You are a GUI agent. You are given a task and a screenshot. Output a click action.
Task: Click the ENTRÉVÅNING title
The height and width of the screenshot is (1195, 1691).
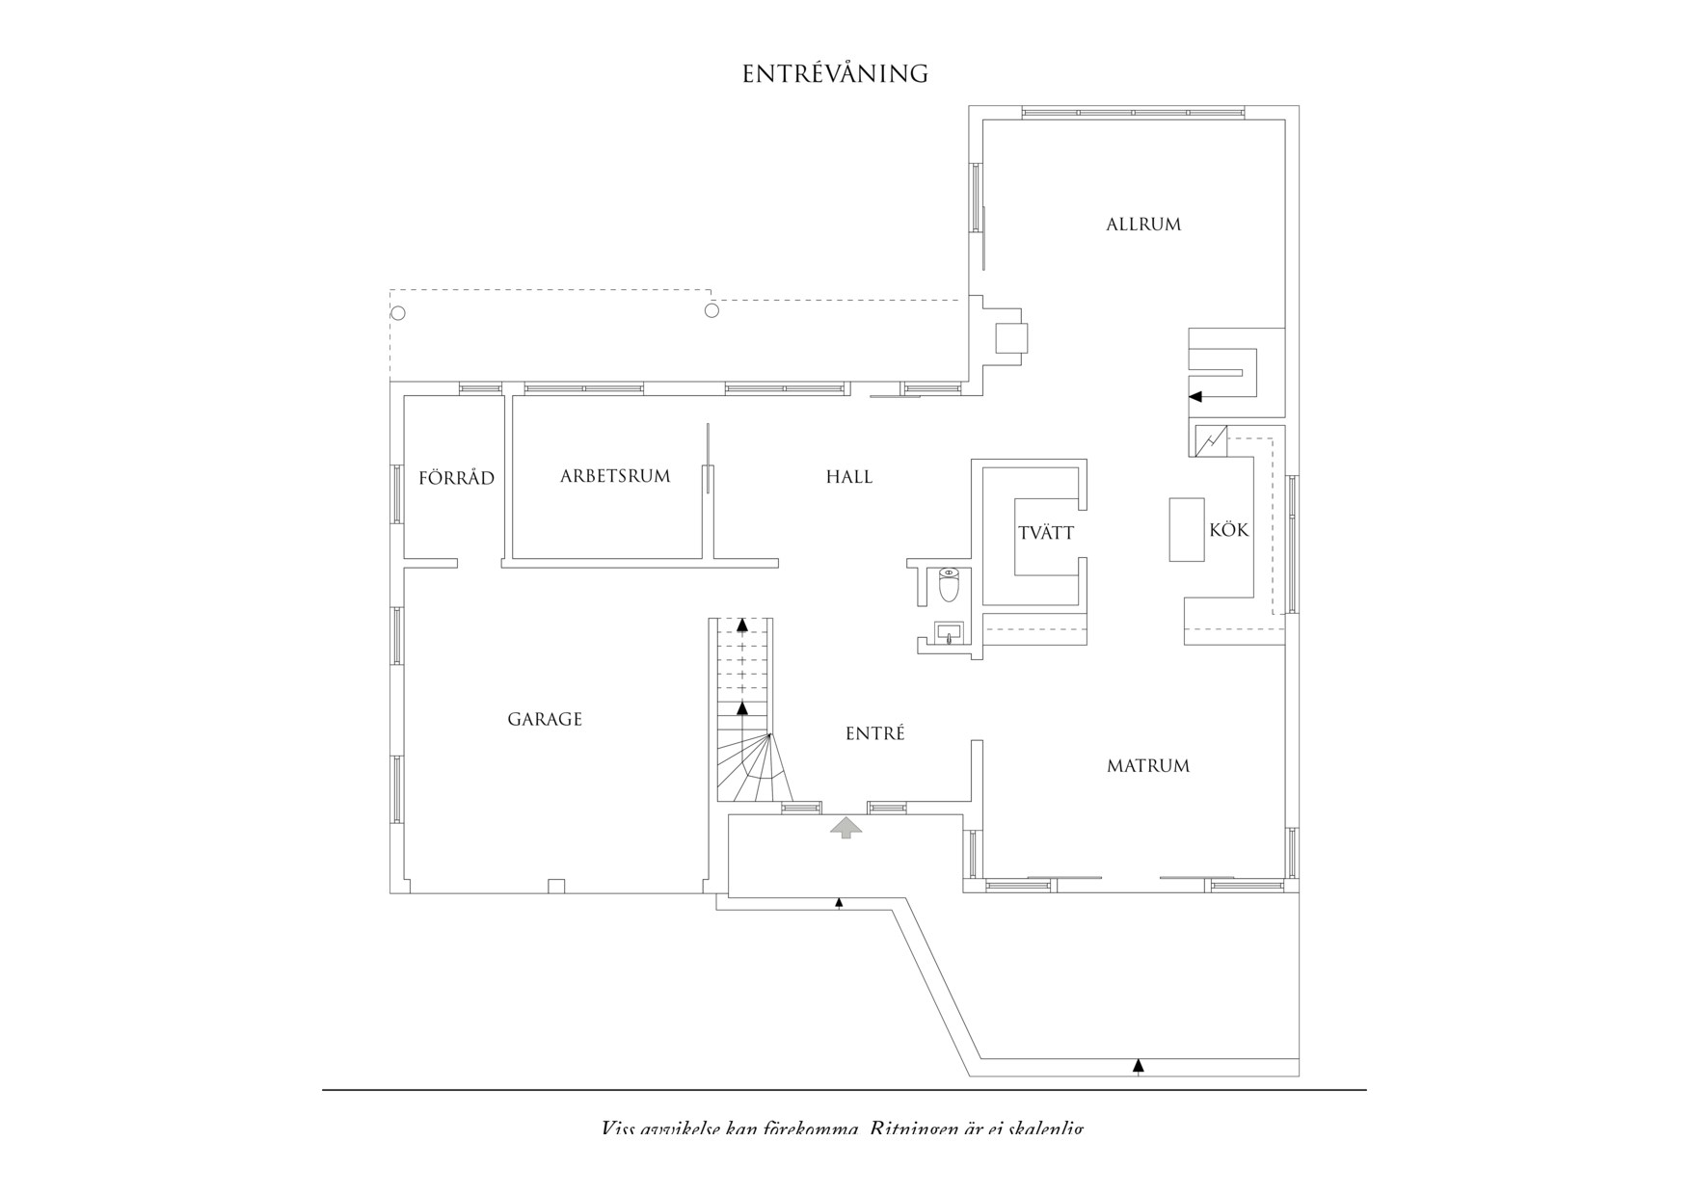pyautogui.click(x=835, y=74)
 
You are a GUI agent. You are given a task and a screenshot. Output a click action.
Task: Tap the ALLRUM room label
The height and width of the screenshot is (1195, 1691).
pyautogui.click(x=1143, y=225)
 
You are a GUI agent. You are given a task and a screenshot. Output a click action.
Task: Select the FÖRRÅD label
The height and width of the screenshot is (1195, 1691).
pyautogui.click(x=457, y=478)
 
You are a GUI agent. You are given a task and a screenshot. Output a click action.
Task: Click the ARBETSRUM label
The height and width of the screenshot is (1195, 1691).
pyautogui.click(x=615, y=476)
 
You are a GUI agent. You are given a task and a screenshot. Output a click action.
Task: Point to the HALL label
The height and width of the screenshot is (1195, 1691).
pyautogui.click(x=849, y=477)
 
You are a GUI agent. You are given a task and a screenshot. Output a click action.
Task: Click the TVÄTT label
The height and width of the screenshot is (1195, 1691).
pyautogui.click(x=1046, y=533)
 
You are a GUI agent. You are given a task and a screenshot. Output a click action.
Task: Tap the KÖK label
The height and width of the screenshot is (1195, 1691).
pyautogui.click(x=1229, y=530)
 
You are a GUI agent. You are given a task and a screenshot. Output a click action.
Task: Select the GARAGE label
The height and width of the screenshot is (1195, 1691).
pyautogui.click(x=545, y=719)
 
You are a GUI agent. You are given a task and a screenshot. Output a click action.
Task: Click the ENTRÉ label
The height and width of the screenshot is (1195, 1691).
pyautogui.click(x=875, y=733)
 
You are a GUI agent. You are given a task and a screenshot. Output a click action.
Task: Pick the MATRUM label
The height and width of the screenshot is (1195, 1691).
pyautogui.click(x=1148, y=766)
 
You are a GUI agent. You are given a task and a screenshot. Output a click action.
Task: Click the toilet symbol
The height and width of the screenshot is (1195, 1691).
pyautogui.click(x=950, y=584)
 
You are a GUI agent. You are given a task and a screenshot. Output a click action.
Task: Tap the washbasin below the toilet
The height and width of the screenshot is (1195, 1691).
pyautogui.click(x=949, y=633)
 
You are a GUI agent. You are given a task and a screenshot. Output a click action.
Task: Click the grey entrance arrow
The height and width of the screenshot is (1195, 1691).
pyautogui.click(x=846, y=827)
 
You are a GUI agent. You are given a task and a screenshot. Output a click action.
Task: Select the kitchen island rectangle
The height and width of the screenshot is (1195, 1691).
pyautogui.click(x=1187, y=529)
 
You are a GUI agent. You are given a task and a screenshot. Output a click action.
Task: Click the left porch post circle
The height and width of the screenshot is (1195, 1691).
pyautogui.click(x=398, y=313)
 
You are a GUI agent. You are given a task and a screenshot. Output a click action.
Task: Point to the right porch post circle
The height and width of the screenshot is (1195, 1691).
pyautogui.click(x=712, y=310)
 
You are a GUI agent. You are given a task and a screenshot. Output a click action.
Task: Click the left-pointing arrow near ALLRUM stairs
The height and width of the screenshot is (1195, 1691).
pyautogui.click(x=1195, y=396)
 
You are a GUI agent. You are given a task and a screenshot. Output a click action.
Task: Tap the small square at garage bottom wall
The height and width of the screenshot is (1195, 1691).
pyautogui.click(x=555, y=886)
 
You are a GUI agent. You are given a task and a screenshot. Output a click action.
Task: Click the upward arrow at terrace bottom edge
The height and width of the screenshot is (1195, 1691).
pyautogui.click(x=1139, y=1065)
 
